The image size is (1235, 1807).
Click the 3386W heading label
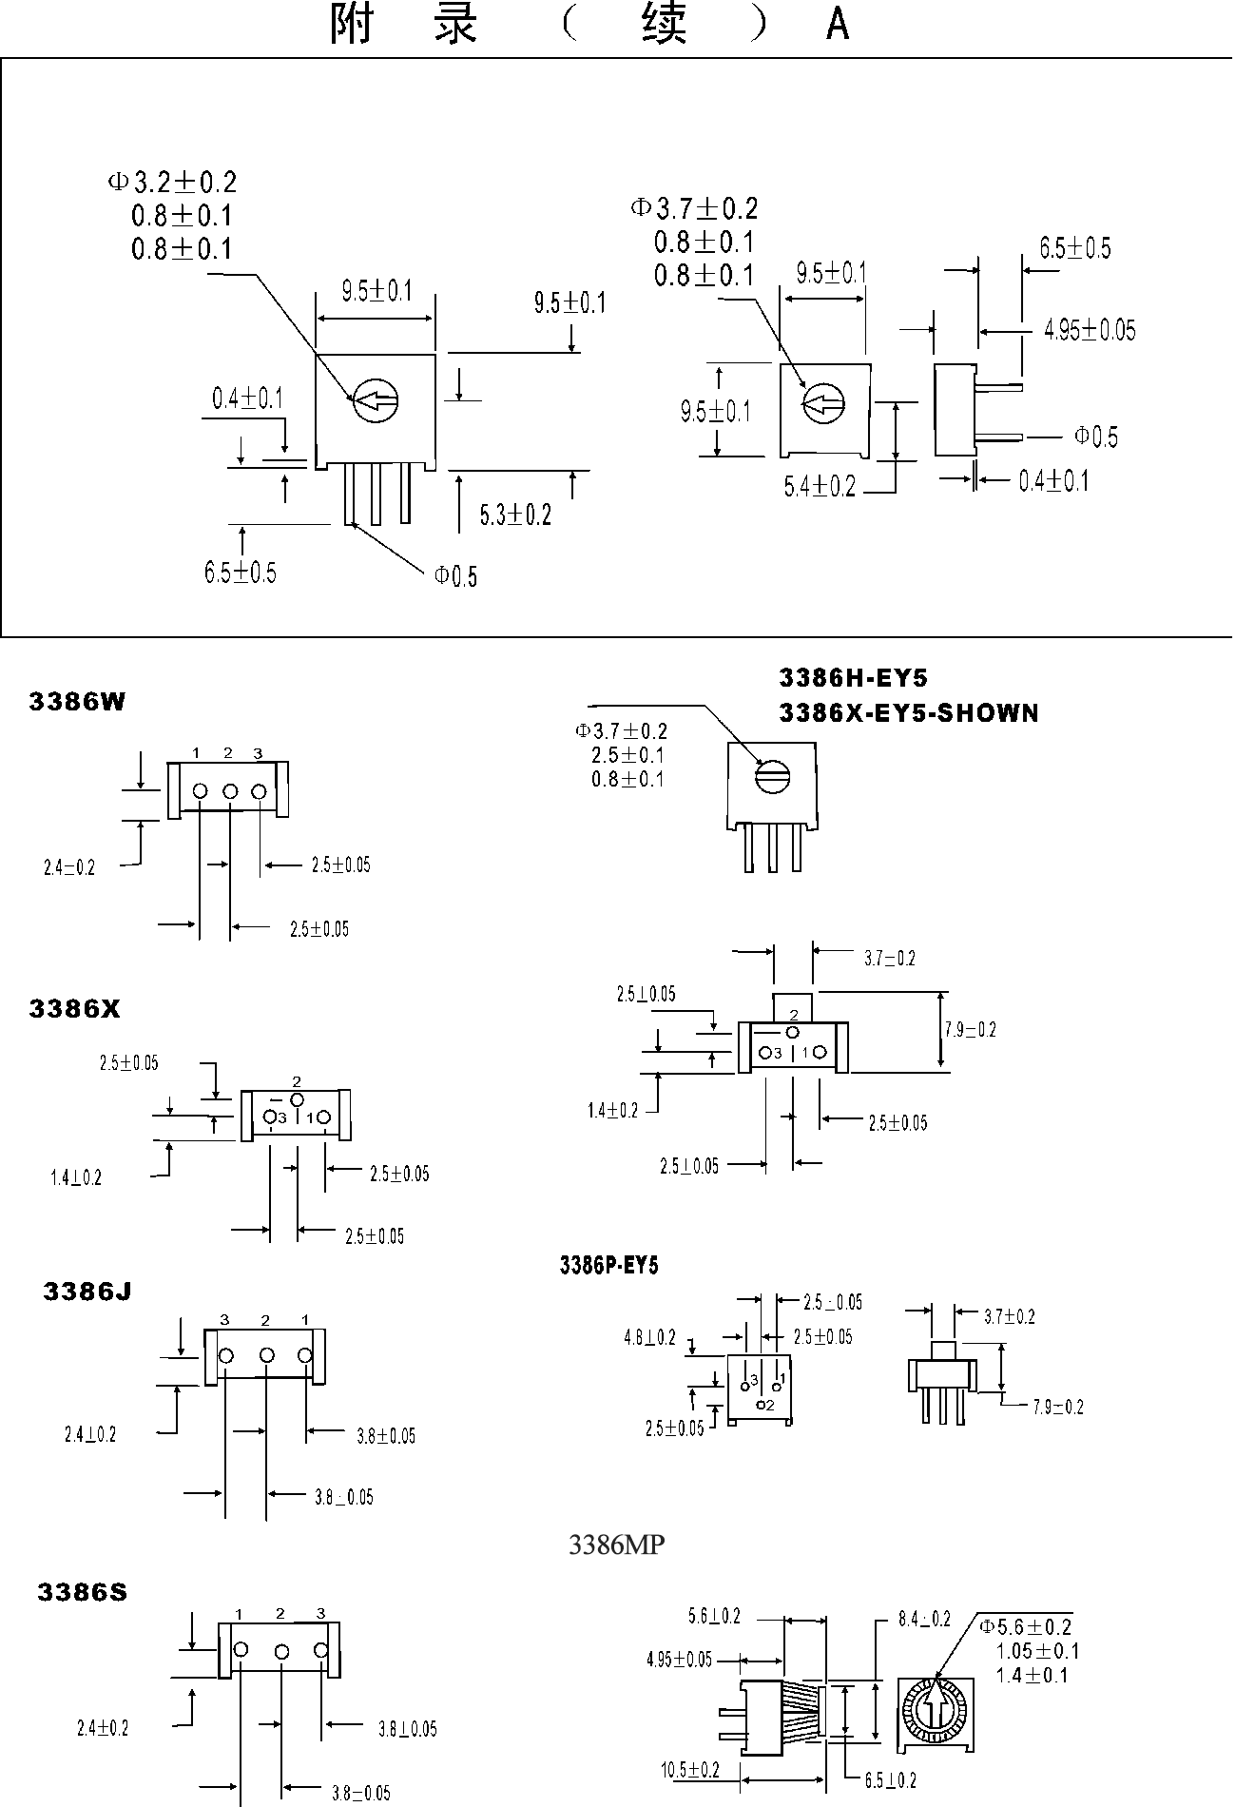click(77, 702)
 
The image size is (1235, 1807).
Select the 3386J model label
click(87, 1291)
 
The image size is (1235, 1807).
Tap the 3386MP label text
click(616, 1545)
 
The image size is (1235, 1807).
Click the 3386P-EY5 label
click(608, 1265)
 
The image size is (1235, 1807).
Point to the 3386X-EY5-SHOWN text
click(908, 712)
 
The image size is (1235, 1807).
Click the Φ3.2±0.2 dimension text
click(172, 181)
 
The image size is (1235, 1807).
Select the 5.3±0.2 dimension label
click(515, 515)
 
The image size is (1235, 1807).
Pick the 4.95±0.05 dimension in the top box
click(1090, 331)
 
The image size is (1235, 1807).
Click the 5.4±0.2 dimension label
click(820, 487)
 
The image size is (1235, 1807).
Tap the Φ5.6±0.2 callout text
click(1026, 1627)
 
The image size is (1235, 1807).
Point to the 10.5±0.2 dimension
click(690, 1770)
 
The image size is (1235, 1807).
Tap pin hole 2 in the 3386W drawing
click(229, 791)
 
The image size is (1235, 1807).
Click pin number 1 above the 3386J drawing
click(304, 1320)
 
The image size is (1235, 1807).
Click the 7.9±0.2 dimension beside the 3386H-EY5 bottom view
click(970, 1030)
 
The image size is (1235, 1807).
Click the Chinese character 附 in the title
click(351, 26)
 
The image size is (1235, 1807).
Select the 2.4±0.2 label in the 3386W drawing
click(69, 867)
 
